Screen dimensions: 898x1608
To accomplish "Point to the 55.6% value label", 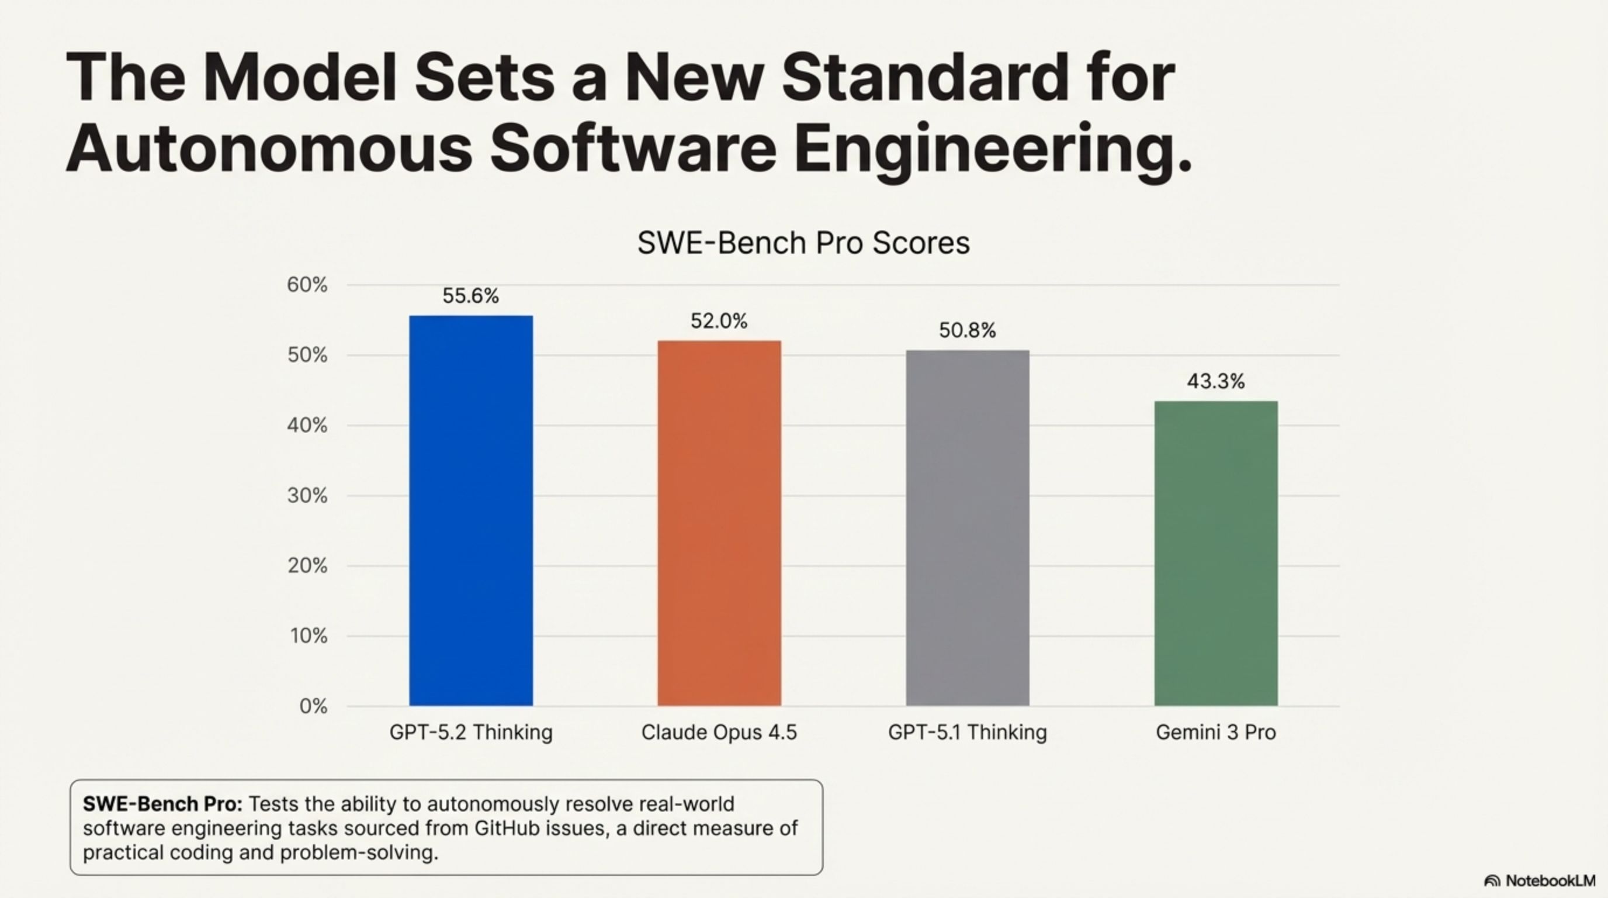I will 471,296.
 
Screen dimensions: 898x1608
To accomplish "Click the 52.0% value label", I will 719,321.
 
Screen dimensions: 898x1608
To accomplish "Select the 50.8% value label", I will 967,330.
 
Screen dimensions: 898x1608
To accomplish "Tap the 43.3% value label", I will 1215,381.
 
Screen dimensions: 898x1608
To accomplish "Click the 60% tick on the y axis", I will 307,285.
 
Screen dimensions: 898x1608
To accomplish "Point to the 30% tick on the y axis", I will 307,496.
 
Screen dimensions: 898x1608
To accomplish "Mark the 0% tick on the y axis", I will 313,706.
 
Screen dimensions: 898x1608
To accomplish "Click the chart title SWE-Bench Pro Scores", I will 803,243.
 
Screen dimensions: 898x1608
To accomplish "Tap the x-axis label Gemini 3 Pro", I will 1215,732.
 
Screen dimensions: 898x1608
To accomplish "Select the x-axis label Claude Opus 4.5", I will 719,732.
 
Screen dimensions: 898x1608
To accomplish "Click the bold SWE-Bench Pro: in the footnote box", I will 162,804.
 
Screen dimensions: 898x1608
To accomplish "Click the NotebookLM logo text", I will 1550,880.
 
